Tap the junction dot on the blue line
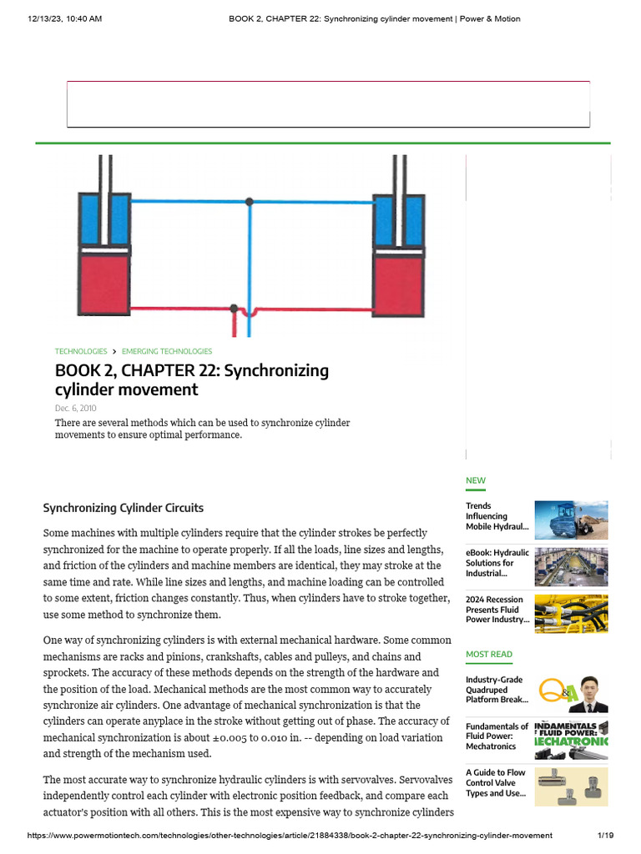click(250, 201)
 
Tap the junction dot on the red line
click(235, 309)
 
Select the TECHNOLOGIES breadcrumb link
click(81, 351)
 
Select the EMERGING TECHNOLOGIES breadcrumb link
click(167, 351)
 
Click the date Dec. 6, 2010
click(76, 409)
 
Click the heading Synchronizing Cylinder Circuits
click(123, 508)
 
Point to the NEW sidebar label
click(475, 480)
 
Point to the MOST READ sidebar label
click(489, 655)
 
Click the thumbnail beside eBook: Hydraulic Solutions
click(571, 567)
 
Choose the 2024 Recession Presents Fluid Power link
click(497, 610)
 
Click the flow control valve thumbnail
click(571, 786)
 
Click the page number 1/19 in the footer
click(605, 835)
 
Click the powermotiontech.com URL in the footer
click(290, 835)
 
